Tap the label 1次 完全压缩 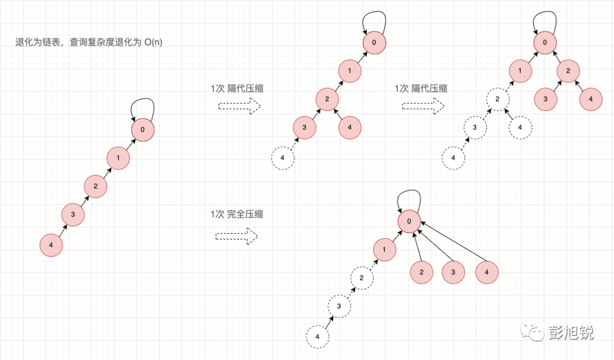[x=236, y=214]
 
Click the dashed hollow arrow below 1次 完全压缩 [x=237, y=236]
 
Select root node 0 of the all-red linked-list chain [x=143, y=130]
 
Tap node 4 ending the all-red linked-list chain [x=51, y=245]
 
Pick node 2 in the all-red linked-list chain [x=96, y=186]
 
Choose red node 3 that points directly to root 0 [x=453, y=272]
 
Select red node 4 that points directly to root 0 [x=486, y=272]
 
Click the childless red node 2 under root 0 [x=421, y=272]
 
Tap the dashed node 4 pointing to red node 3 [x=283, y=157]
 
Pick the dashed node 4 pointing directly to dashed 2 [x=519, y=127]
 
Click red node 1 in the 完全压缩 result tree [x=385, y=250]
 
